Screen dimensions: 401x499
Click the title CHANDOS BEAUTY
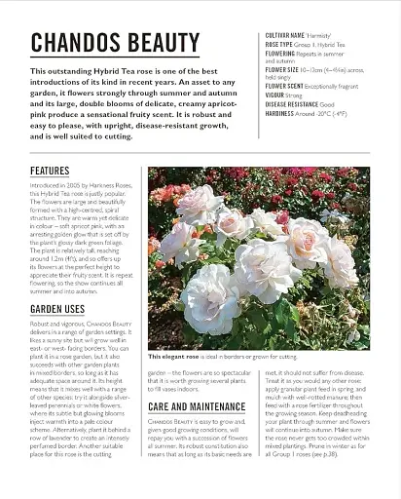click(x=115, y=43)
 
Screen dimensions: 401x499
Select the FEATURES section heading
click(x=50, y=172)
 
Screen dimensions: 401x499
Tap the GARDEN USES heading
click(x=57, y=309)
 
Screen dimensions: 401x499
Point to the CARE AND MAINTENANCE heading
click(x=198, y=406)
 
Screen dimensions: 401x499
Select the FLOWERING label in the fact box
click(x=281, y=53)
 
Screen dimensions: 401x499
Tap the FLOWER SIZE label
click(x=282, y=70)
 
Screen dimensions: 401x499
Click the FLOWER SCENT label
click(x=284, y=87)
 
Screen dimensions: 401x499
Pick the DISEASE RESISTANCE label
click(x=291, y=104)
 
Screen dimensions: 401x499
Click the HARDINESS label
click(x=280, y=113)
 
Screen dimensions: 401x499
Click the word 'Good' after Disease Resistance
click(x=327, y=104)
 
